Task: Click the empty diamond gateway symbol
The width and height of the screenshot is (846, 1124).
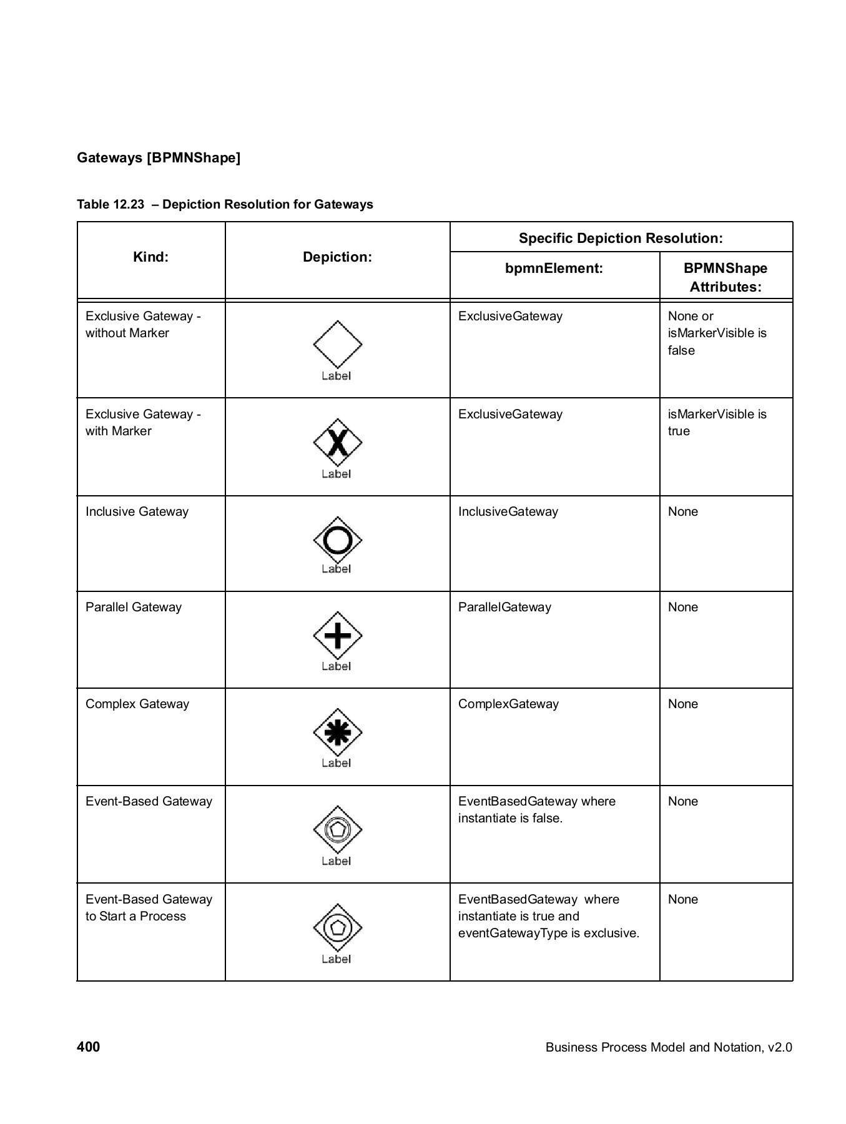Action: pos(337,344)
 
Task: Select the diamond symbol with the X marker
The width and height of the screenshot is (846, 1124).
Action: pos(337,443)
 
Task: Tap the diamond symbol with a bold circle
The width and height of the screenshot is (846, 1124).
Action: pos(337,540)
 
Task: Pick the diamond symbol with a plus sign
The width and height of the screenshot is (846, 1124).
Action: pos(337,636)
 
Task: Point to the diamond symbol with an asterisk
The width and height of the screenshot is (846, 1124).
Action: pos(337,732)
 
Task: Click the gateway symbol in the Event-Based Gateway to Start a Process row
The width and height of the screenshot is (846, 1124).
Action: pos(337,927)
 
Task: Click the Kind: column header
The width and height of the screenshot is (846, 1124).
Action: pos(150,257)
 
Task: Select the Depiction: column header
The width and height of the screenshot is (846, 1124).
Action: pos(337,257)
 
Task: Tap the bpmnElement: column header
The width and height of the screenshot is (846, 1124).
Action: pos(554,269)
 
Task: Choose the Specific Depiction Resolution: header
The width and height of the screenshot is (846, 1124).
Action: pos(621,238)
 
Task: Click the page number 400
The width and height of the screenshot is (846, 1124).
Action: pos(88,1047)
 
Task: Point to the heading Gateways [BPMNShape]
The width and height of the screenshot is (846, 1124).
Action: pos(159,157)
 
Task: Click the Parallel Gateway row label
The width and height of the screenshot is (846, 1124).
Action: pos(134,607)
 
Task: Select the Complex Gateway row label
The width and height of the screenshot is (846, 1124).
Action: pos(137,704)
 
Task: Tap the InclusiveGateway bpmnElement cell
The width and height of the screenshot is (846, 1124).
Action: pos(508,511)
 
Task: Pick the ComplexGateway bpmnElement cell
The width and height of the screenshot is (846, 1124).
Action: pos(508,704)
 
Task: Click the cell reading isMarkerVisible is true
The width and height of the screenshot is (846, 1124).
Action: pos(717,423)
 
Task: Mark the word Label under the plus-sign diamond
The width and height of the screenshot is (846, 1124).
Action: pos(336,666)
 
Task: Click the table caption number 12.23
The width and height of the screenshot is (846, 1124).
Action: pos(129,205)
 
